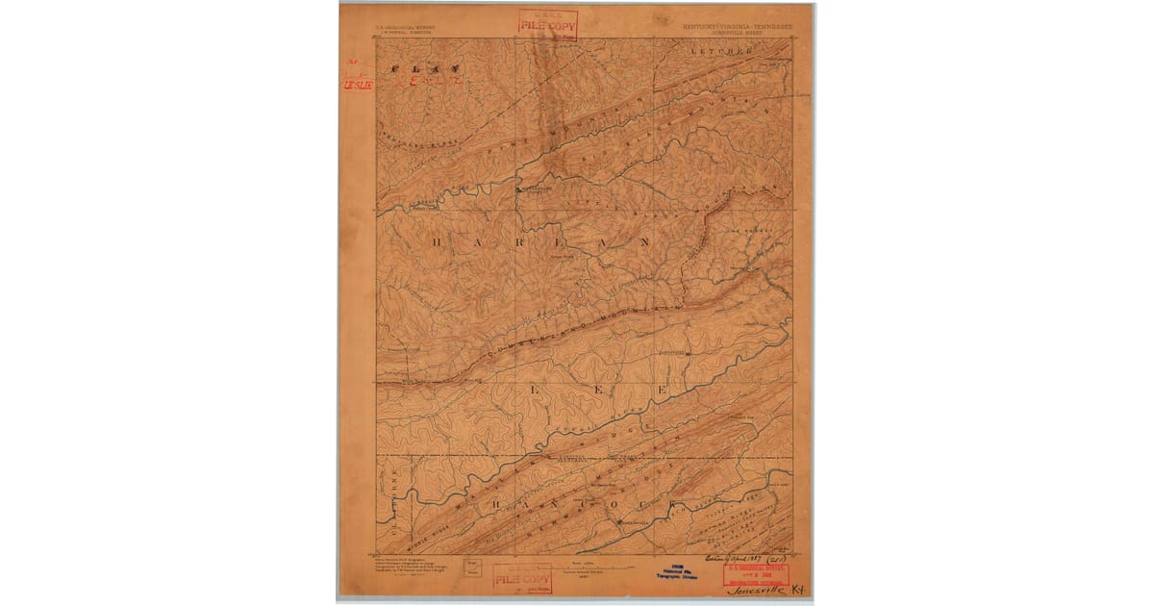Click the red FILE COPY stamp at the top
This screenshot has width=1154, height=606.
click(547, 23)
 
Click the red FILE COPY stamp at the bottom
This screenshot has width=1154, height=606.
click(521, 578)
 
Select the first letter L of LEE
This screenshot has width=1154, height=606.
click(534, 388)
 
